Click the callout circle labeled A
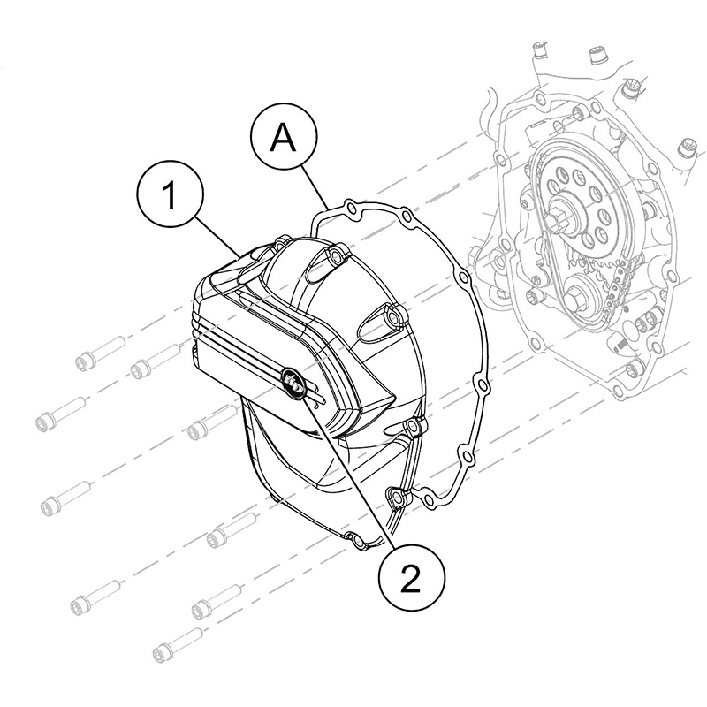[x=283, y=138]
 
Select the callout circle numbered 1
[x=170, y=194]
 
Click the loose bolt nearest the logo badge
[x=211, y=423]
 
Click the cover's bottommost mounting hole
[x=356, y=540]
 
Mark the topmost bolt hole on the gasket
[x=350, y=209]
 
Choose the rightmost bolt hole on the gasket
[x=482, y=384]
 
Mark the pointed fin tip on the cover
[x=394, y=399]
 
